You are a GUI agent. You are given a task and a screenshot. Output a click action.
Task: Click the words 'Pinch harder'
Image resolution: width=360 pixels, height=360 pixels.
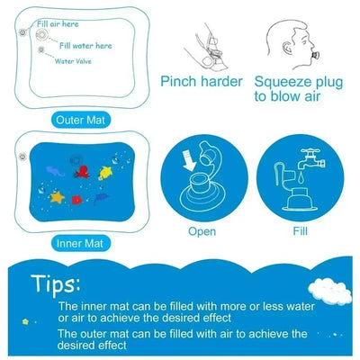(x=202, y=82)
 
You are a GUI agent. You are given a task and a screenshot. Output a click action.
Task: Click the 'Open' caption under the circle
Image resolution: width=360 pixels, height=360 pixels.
(x=202, y=230)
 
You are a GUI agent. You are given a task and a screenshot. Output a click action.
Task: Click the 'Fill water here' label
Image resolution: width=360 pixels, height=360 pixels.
(x=87, y=42)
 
